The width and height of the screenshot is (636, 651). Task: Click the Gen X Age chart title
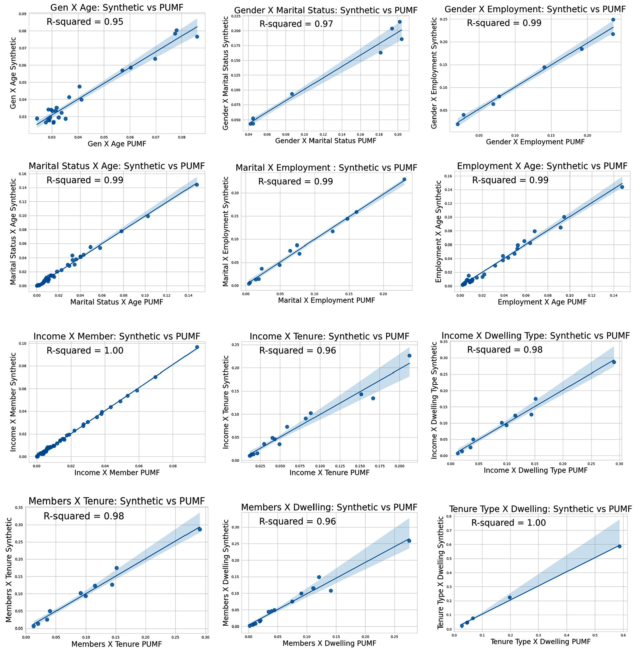[116, 7]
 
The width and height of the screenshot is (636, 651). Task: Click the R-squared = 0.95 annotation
[85, 22]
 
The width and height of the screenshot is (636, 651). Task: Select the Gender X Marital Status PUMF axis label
[326, 141]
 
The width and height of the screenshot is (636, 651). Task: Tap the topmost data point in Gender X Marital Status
[400, 22]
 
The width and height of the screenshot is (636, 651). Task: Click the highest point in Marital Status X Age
[197, 184]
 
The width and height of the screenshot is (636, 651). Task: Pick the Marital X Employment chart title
[326, 167]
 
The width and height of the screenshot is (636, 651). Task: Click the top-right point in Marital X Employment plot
[404, 179]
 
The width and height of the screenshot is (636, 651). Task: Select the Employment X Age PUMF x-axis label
[542, 302]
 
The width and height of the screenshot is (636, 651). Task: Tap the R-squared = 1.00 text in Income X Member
[85, 350]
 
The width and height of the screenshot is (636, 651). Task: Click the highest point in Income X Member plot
[197, 347]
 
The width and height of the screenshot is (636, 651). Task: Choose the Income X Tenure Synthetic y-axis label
[226, 402]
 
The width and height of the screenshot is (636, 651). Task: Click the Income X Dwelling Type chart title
[535, 336]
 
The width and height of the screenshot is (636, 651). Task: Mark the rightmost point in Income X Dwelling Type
[614, 362]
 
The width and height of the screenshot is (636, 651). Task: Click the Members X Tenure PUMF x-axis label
[116, 644]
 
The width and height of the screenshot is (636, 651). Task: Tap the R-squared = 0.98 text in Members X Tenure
[84, 516]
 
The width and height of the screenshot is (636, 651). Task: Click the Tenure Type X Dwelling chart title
[540, 509]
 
